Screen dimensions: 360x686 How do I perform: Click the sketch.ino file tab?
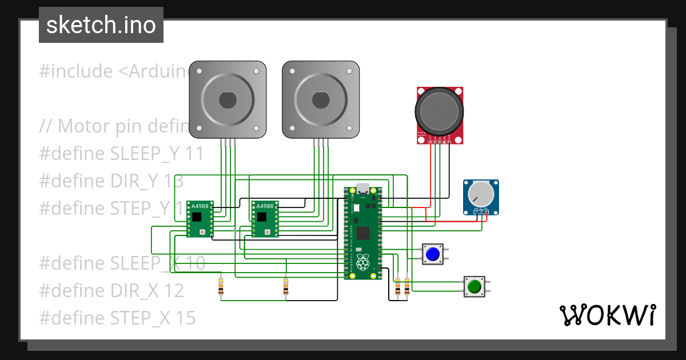101,25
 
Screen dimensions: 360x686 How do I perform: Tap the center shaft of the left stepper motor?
228,100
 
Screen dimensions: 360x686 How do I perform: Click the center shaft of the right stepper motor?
321,100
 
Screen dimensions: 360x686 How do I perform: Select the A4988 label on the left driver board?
200,206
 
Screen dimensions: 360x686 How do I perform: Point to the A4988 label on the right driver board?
265,206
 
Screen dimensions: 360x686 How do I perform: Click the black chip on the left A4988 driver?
197,217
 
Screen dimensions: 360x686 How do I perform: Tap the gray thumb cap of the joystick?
439,110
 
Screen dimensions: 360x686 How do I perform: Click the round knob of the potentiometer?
481,194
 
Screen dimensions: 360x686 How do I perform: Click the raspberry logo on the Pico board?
362,262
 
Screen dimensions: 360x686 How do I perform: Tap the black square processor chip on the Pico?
362,233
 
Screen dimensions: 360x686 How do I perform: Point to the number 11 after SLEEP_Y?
194,154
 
